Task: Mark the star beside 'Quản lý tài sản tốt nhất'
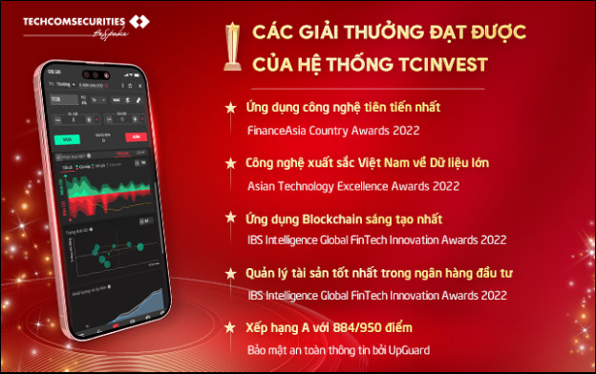point(229,273)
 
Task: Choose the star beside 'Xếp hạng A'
point(229,327)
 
